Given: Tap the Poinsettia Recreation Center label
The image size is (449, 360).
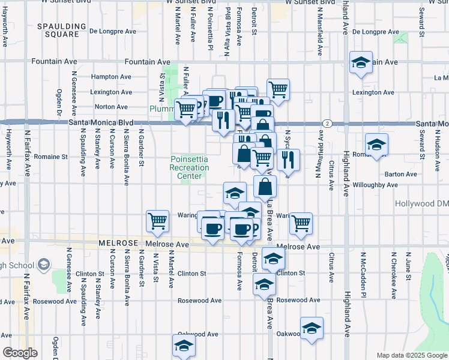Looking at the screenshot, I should click(x=189, y=168).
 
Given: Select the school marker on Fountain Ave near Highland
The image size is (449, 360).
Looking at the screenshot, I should click(x=361, y=63).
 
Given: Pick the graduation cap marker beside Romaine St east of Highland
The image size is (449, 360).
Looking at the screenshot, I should click(x=376, y=145).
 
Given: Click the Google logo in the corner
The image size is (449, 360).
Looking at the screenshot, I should click(x=20, y=353).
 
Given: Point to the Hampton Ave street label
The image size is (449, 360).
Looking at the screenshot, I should click(x=110, y=77).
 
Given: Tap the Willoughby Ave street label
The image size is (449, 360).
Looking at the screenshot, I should click(x=375, y=185).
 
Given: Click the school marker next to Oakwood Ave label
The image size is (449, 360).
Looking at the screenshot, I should click(x=312, y=328).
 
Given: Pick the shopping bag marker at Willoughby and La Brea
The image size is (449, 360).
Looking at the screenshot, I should click(x=265, y=187).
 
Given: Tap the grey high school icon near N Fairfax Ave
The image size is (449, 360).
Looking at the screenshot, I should click(x=43, y=264).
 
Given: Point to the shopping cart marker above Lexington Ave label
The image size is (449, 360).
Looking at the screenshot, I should click(x=278, y=90).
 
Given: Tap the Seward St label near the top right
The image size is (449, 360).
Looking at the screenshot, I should click(x=422, y=40).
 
